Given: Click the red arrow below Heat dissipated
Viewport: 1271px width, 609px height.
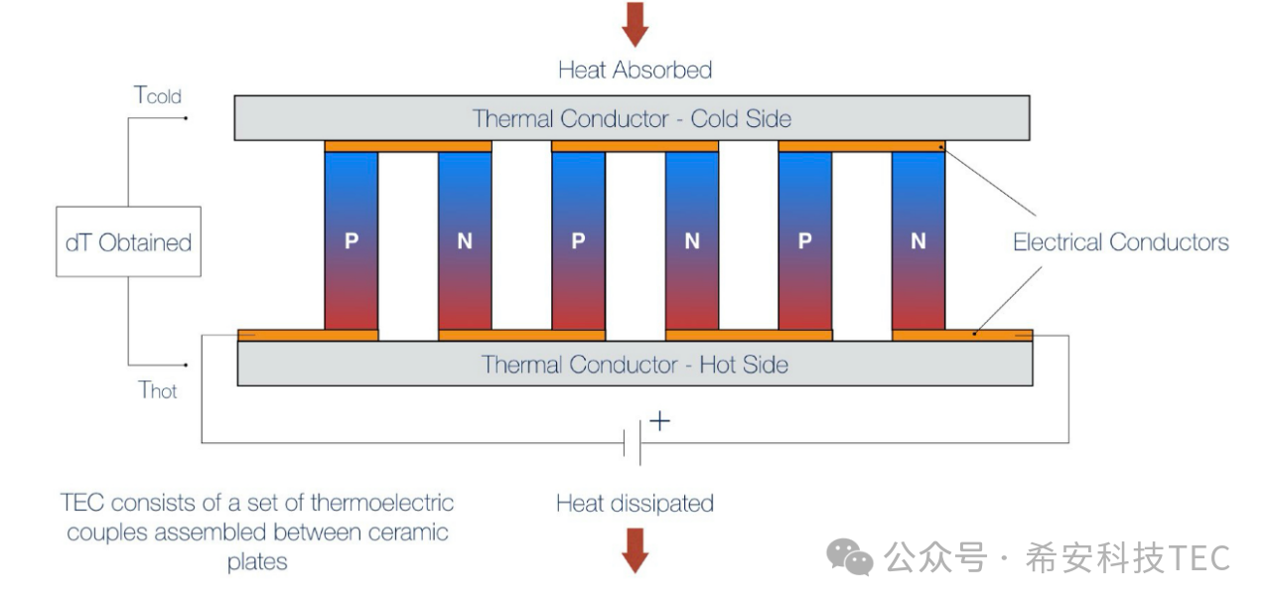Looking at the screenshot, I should (x=635, y=550).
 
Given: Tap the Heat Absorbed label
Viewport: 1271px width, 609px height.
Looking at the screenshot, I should (x=635, y=70).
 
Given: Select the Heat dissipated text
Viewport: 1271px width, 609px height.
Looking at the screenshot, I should (x=635, y=503).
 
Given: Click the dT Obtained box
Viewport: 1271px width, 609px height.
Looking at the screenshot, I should (x=127, y=241).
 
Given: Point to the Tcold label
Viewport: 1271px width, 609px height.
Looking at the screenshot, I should (x=158, y=95).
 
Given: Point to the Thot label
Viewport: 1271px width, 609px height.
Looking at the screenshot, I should (x=158, y=389).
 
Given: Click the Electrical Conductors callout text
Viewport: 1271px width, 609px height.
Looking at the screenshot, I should (x=1120, y=241).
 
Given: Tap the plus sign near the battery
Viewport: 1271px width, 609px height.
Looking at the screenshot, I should (x=659, y=421).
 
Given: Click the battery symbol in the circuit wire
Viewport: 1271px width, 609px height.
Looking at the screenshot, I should (x=632, y=442).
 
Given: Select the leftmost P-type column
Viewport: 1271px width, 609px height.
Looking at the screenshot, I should (x=352, y=240).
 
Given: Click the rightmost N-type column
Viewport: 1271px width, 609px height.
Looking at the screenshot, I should (x=918, y=240).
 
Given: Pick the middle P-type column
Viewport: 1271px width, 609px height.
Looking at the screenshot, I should (x=578, y=240).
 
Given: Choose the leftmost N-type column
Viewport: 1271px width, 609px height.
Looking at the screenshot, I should (x=465, y=240).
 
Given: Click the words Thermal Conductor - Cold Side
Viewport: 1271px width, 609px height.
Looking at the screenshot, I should (x=632, y=119).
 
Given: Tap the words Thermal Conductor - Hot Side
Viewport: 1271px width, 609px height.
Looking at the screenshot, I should (x=635, y=365).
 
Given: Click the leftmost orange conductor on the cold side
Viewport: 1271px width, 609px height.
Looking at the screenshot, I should (x=408, y=146).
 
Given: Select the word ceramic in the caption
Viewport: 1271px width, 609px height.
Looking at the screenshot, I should (x=408, y=533).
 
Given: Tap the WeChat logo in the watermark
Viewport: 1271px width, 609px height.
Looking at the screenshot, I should (x=850, y=557).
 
